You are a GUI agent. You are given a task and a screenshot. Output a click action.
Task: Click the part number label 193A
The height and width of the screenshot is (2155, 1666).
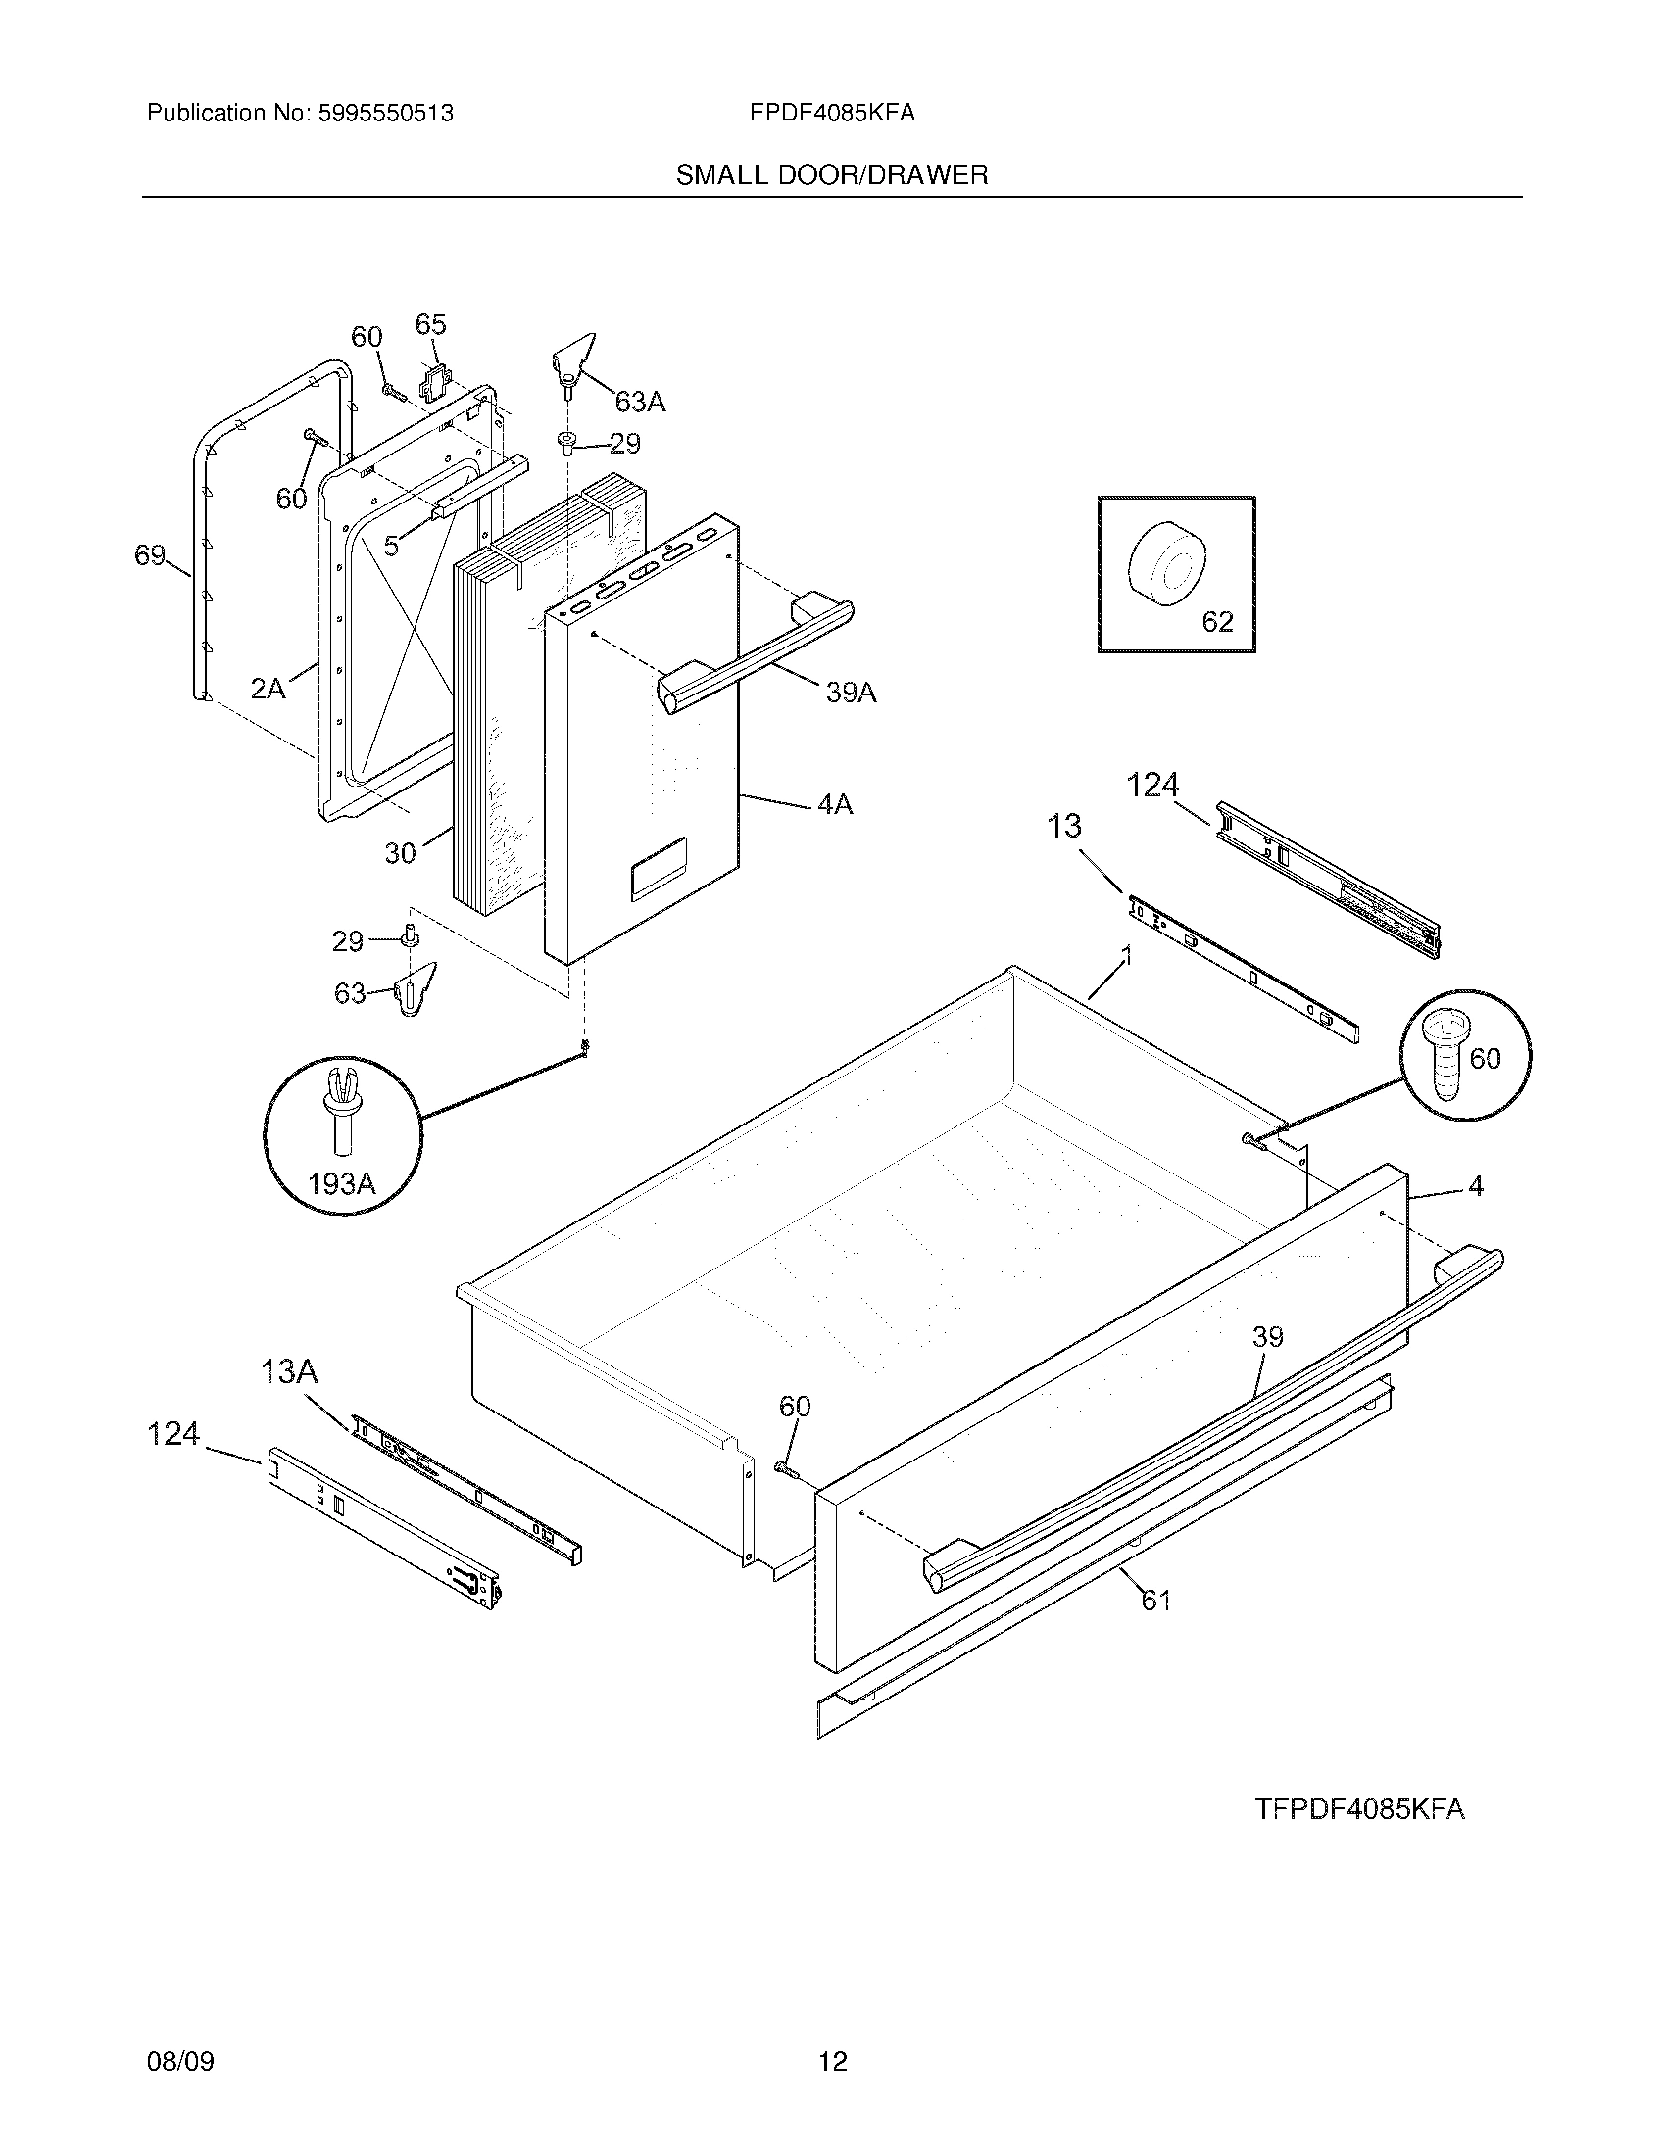click(x=341, y=1183)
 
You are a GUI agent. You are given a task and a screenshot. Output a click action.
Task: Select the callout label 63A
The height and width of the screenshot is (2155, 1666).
click(x=640, y=402)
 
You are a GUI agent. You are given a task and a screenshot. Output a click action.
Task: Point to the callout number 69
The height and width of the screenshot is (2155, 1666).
click(x=150, y=556)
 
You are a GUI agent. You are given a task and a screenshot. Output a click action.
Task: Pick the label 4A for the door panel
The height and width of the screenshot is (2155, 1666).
click(x=834, y=805)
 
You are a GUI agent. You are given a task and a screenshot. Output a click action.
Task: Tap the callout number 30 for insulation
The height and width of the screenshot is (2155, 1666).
click(x=400, y=852)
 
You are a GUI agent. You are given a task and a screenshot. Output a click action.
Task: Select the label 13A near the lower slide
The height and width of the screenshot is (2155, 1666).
click(x=289, y=1371)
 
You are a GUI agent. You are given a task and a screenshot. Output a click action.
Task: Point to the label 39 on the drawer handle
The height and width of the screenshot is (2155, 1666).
click(x=1267, y=1337)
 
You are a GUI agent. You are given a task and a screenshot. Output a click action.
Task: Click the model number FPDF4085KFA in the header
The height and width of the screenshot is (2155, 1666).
click(x=831, y=114)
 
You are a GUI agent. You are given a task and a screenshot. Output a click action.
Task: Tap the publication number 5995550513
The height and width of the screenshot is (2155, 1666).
click(x=385, y=114)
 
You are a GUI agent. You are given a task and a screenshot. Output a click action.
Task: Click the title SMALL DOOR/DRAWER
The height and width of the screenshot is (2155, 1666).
click(x=831, y=175)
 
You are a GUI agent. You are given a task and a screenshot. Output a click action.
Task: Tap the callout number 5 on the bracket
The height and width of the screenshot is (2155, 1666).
click(x=392, y=545)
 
